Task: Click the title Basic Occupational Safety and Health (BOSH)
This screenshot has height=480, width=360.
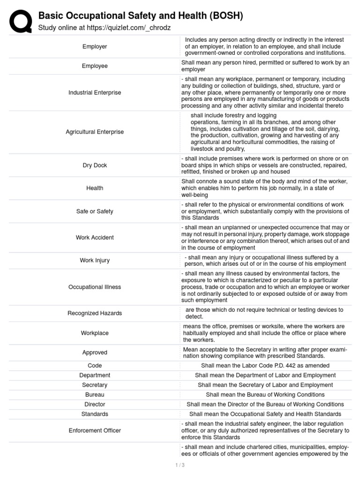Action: pos(141,16)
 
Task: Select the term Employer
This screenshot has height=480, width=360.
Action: pos(95,46)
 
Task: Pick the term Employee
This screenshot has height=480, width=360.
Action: pos(95,66)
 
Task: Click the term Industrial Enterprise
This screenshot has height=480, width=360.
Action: pos(95,92)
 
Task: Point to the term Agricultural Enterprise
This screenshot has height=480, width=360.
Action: pos(95,132)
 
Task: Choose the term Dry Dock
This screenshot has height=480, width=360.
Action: pos(95,165)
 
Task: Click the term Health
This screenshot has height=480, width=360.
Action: pos(95,188)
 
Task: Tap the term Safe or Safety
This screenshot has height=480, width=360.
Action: pos(95,211)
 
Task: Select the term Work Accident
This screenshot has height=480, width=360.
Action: pos(95,237)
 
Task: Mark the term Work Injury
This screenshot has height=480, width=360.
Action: pos(95,261)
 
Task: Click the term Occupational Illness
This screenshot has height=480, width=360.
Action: pos(95,287)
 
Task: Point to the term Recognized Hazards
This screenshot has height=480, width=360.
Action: pos(95,313)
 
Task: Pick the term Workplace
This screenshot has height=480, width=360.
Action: pos(95,333)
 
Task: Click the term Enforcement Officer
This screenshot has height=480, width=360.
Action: pos(95,430)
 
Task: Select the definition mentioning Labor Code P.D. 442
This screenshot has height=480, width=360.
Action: pos(265,366)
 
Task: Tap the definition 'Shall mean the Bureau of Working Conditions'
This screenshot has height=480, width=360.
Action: pos(265,395)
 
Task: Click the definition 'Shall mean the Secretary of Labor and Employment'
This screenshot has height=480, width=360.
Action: pos(265,385)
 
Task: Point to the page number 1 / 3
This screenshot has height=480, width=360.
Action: pos(180,465)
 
